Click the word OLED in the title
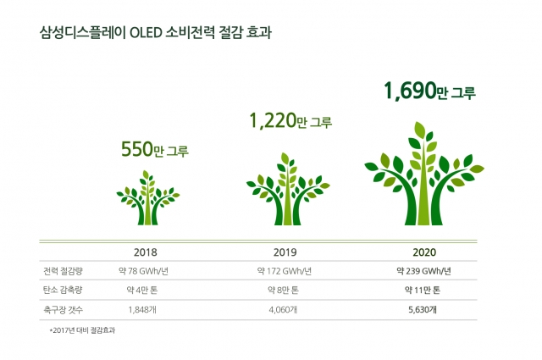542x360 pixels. coord(146,32)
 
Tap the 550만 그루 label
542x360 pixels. coord(155,149)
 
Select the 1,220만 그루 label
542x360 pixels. coord(290,120)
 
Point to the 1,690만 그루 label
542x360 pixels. coord(429,91)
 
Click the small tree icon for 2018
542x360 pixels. coord(148,197)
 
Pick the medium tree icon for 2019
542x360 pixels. coord(288,189)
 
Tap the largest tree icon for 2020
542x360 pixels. coord(424,174)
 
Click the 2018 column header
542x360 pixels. coord(145,252)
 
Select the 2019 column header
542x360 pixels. coord(285,252)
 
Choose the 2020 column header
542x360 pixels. coord(424,252)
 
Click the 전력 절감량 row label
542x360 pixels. coord(63,271)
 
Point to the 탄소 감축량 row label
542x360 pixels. coord(63,290)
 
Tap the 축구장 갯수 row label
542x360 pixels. coord(63,309)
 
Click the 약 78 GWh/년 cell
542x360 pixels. coord(143,271)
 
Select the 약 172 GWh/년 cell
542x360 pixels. coord(285,271)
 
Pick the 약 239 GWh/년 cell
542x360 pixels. coord(423,271)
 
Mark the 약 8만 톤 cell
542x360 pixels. coord(283,290)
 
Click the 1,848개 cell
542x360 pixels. coord(142,309)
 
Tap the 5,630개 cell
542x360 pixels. coord(423,309)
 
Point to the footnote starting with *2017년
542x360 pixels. coord(82,330)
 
